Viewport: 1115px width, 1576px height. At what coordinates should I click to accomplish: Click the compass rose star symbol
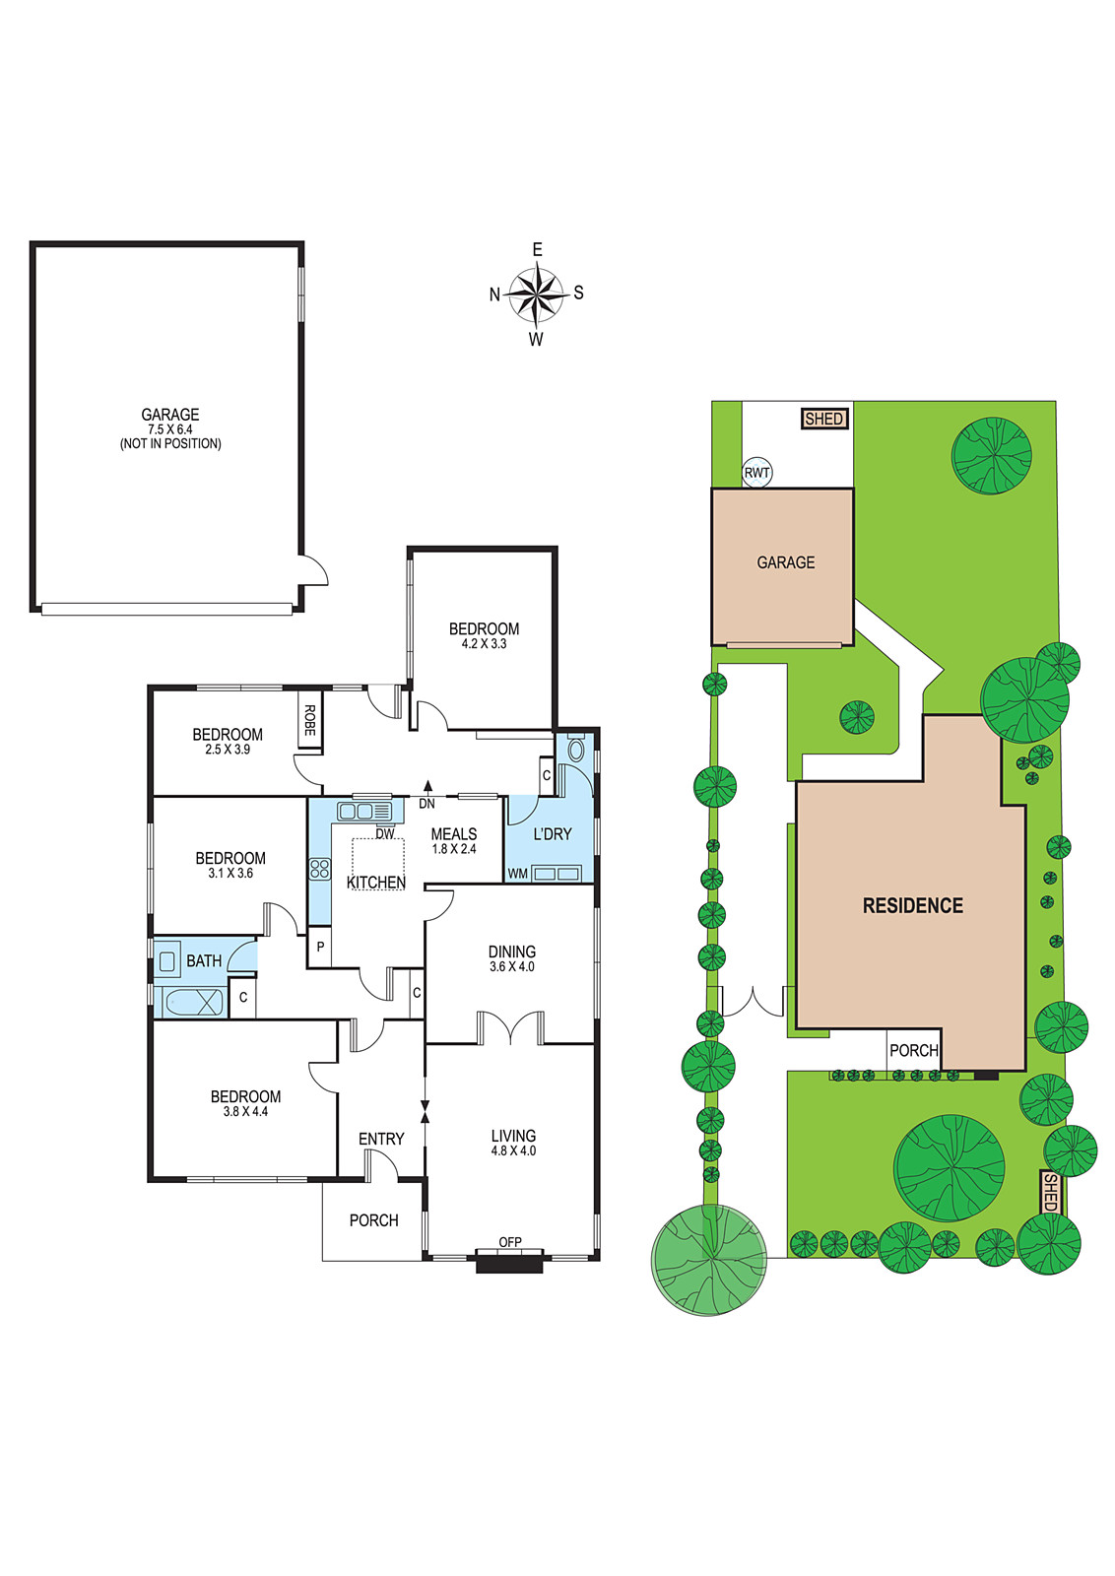pyautogui.click(x=536, y=293)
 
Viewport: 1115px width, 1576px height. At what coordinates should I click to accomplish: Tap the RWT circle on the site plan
pyautogui.click(x=756, y=473)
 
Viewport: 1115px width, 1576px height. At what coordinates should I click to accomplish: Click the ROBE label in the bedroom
pyautogui.click(x=309, y=720)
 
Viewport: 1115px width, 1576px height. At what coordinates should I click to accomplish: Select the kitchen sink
pyautogui.click(x=364, y=812)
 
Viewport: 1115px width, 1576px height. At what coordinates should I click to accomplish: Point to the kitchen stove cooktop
pyautogui.click(x=319, y=869)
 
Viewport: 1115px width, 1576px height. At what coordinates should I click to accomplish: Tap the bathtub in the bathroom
pyautogui.click(x=193, y=1001)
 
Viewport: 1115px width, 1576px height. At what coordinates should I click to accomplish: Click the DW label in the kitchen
pyautogui.click(x=385, y=833)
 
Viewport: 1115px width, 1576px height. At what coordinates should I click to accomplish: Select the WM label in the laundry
pyautogui.click(x=518, y=874)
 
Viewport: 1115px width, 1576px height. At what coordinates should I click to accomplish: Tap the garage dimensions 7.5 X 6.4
pyautogui.click(x=170, y=429)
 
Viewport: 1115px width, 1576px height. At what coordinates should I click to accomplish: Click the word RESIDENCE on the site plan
pyautogui.click(x=913, y=905)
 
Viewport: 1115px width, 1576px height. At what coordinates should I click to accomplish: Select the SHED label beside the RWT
pyautogui.click(x=824, y=420)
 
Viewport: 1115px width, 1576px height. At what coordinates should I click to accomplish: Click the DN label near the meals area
pyautogui.click(x=427, y=804)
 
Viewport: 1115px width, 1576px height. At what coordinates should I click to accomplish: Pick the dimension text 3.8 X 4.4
pyautogui.click(x=245, y=1112)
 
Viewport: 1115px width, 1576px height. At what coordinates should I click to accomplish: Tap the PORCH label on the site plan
pyautogui.click(x=914, y=1050)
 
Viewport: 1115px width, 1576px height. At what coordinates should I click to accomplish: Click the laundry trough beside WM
pyautogui.click(x=557, y=874)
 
